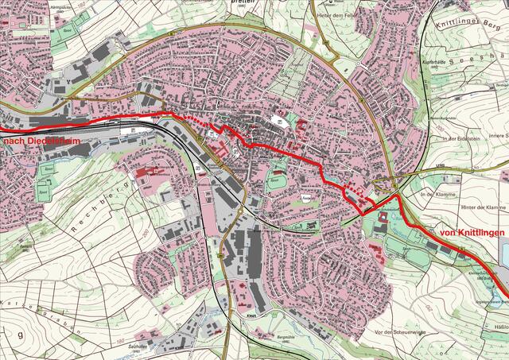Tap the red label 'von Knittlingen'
pos(472,232)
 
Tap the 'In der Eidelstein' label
pos(452,138)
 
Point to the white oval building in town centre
pos(281,121)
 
